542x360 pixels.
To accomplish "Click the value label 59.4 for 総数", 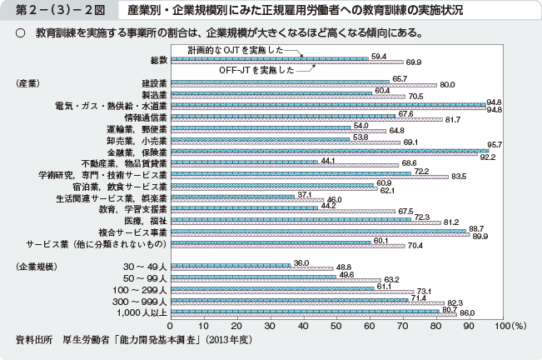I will (379, 56).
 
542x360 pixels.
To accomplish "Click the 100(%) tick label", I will (510, 326).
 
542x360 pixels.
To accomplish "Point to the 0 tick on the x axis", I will (172, 326).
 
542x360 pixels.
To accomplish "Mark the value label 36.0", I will (302, 262).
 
